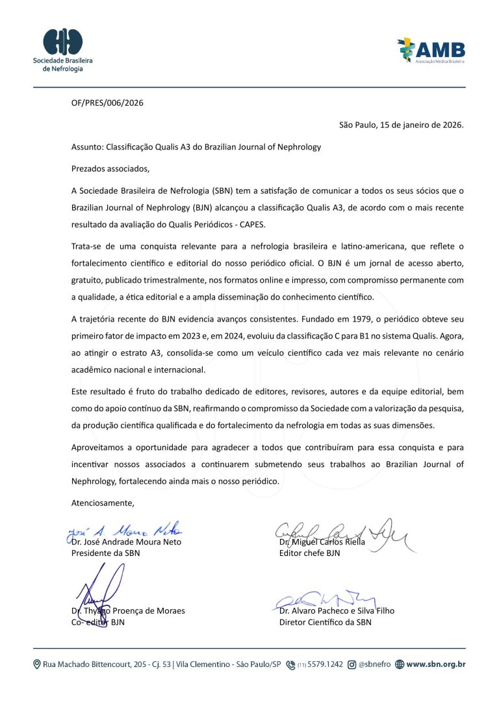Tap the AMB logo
point(431,49)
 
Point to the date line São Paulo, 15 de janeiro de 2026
point(401,125)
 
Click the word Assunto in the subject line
point(86,147)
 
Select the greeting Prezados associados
point(110,169)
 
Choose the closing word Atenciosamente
point(103,502)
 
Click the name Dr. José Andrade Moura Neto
point(126,542)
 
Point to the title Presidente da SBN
point(105,553)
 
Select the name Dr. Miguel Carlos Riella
point(322,542)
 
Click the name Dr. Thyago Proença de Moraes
point(128,611)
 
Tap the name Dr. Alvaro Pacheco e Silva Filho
point(337,611)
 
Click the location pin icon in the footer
point(37,664)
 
